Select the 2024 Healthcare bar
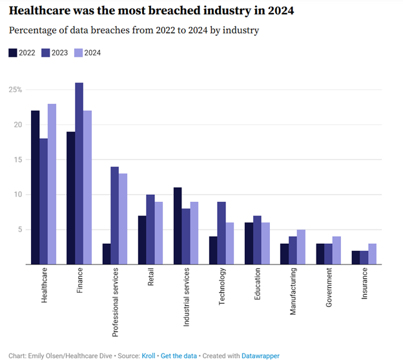52,184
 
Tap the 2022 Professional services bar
106,254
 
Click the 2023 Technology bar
222,233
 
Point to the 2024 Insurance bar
372,254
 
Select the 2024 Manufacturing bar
300,246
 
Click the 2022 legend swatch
12,53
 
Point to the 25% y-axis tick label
15,89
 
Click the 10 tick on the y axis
17,194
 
